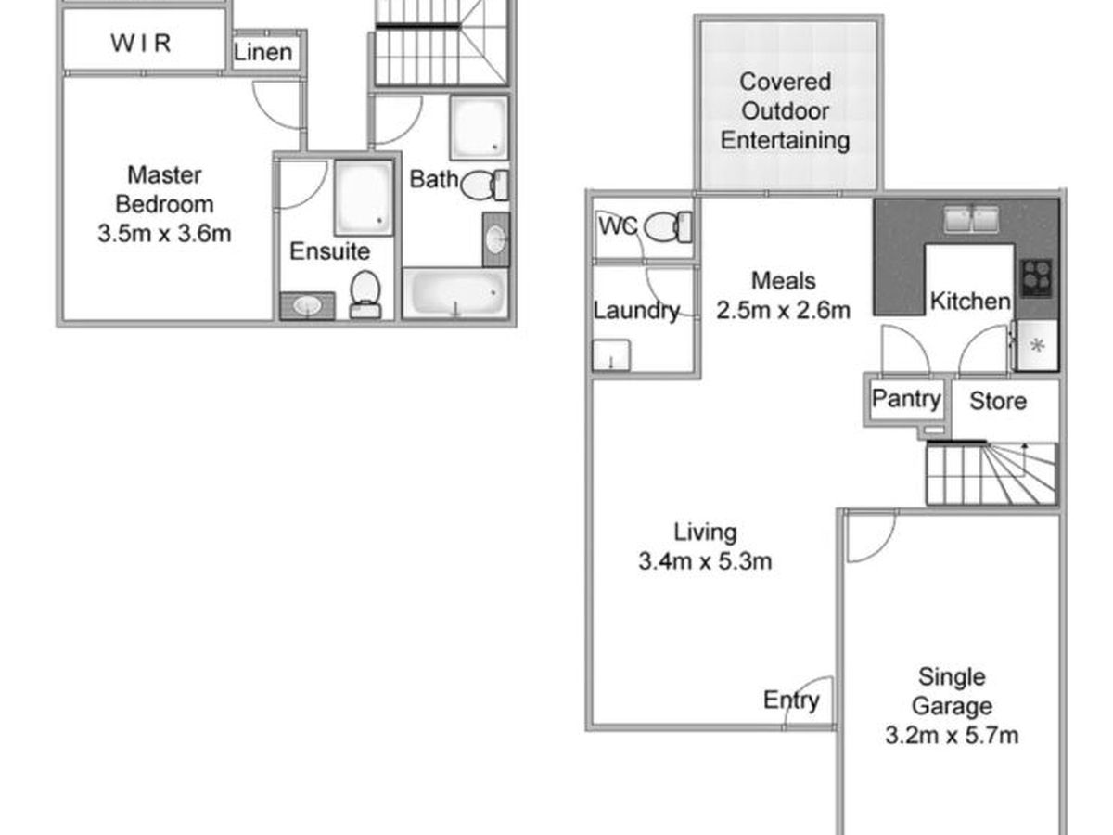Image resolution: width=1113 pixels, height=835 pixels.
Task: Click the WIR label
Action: [141, 43]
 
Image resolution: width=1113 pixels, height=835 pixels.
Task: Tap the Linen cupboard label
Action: [263, 52]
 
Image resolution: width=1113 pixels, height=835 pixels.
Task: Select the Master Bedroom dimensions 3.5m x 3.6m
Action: [164, 234]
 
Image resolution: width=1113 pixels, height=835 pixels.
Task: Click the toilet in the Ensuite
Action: [365, 294]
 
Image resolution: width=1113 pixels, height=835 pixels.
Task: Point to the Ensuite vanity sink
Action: [307, 306]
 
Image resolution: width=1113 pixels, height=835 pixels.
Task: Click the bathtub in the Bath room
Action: [455, 293]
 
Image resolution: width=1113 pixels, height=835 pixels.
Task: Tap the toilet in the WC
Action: [669, 226]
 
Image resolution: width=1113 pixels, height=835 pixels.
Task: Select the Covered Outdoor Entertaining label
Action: [785, 111]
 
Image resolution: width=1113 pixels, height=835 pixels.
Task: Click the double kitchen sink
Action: [971, 219]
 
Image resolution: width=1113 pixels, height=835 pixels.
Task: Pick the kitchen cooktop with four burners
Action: [1036, 278]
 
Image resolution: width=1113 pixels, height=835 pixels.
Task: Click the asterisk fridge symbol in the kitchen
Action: [1038, 346]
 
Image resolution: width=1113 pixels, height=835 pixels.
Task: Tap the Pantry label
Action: [906, 400]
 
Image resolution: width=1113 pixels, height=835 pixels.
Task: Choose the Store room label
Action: [998, 401]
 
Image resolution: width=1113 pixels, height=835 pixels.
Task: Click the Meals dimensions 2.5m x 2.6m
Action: [784, 310]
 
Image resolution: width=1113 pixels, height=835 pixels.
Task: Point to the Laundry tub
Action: [611, 355]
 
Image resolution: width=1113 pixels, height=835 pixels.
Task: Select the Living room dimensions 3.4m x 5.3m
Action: [705, 561]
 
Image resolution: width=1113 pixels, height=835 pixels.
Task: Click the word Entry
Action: [791, 700]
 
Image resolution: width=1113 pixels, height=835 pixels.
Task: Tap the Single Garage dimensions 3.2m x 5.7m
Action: [952, 735]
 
